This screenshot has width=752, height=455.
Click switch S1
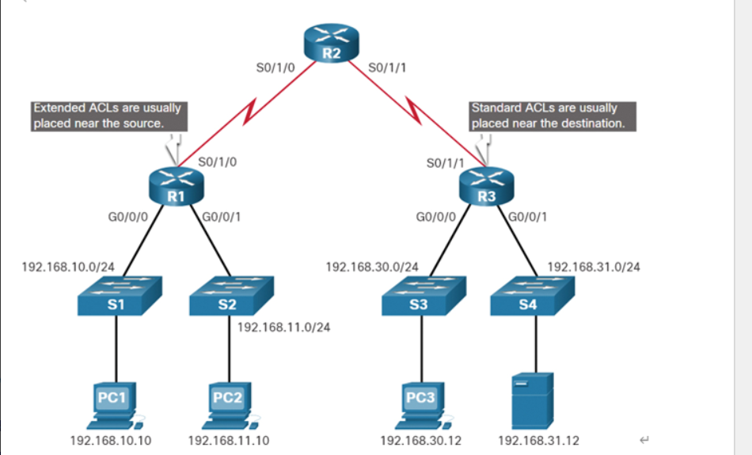pyautogui.click(x=119, y=297)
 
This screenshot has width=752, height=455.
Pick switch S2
pyautogui.click(x=230, y=297)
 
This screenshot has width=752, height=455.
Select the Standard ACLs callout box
pyautogui.click(x=553, y=116)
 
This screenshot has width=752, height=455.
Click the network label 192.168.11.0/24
pyautogui.click(x=283, y=327)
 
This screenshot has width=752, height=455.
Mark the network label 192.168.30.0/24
pyautogui.click(x=372, y=267)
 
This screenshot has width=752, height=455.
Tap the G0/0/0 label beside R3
pyautogui.click(x=435, y=216)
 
